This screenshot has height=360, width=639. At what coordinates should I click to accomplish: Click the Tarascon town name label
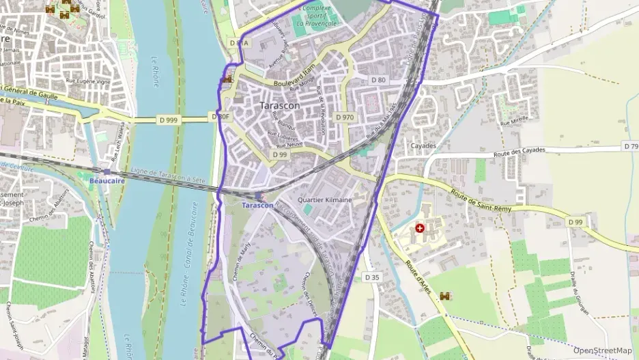click(280, 106)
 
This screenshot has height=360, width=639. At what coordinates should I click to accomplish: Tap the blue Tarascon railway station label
click(257, 205)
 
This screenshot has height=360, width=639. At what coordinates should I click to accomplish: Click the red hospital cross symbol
click(419, 227)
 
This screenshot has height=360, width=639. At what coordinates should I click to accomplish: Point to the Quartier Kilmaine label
click(326, 200)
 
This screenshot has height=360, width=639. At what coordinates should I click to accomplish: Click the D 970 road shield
click(345, 117)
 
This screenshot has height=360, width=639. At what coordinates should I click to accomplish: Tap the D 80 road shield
click(378, 80)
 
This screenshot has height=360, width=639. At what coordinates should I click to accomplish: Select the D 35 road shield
click(371, 277)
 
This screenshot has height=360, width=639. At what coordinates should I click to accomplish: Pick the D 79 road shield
click(631, 147)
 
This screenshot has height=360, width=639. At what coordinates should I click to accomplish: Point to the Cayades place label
click(423, 146)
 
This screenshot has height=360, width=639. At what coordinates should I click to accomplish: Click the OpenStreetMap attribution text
click(603, 350)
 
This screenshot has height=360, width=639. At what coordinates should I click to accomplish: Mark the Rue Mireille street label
click(515, 123)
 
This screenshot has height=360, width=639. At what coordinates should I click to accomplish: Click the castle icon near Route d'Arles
click(445, 296)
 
